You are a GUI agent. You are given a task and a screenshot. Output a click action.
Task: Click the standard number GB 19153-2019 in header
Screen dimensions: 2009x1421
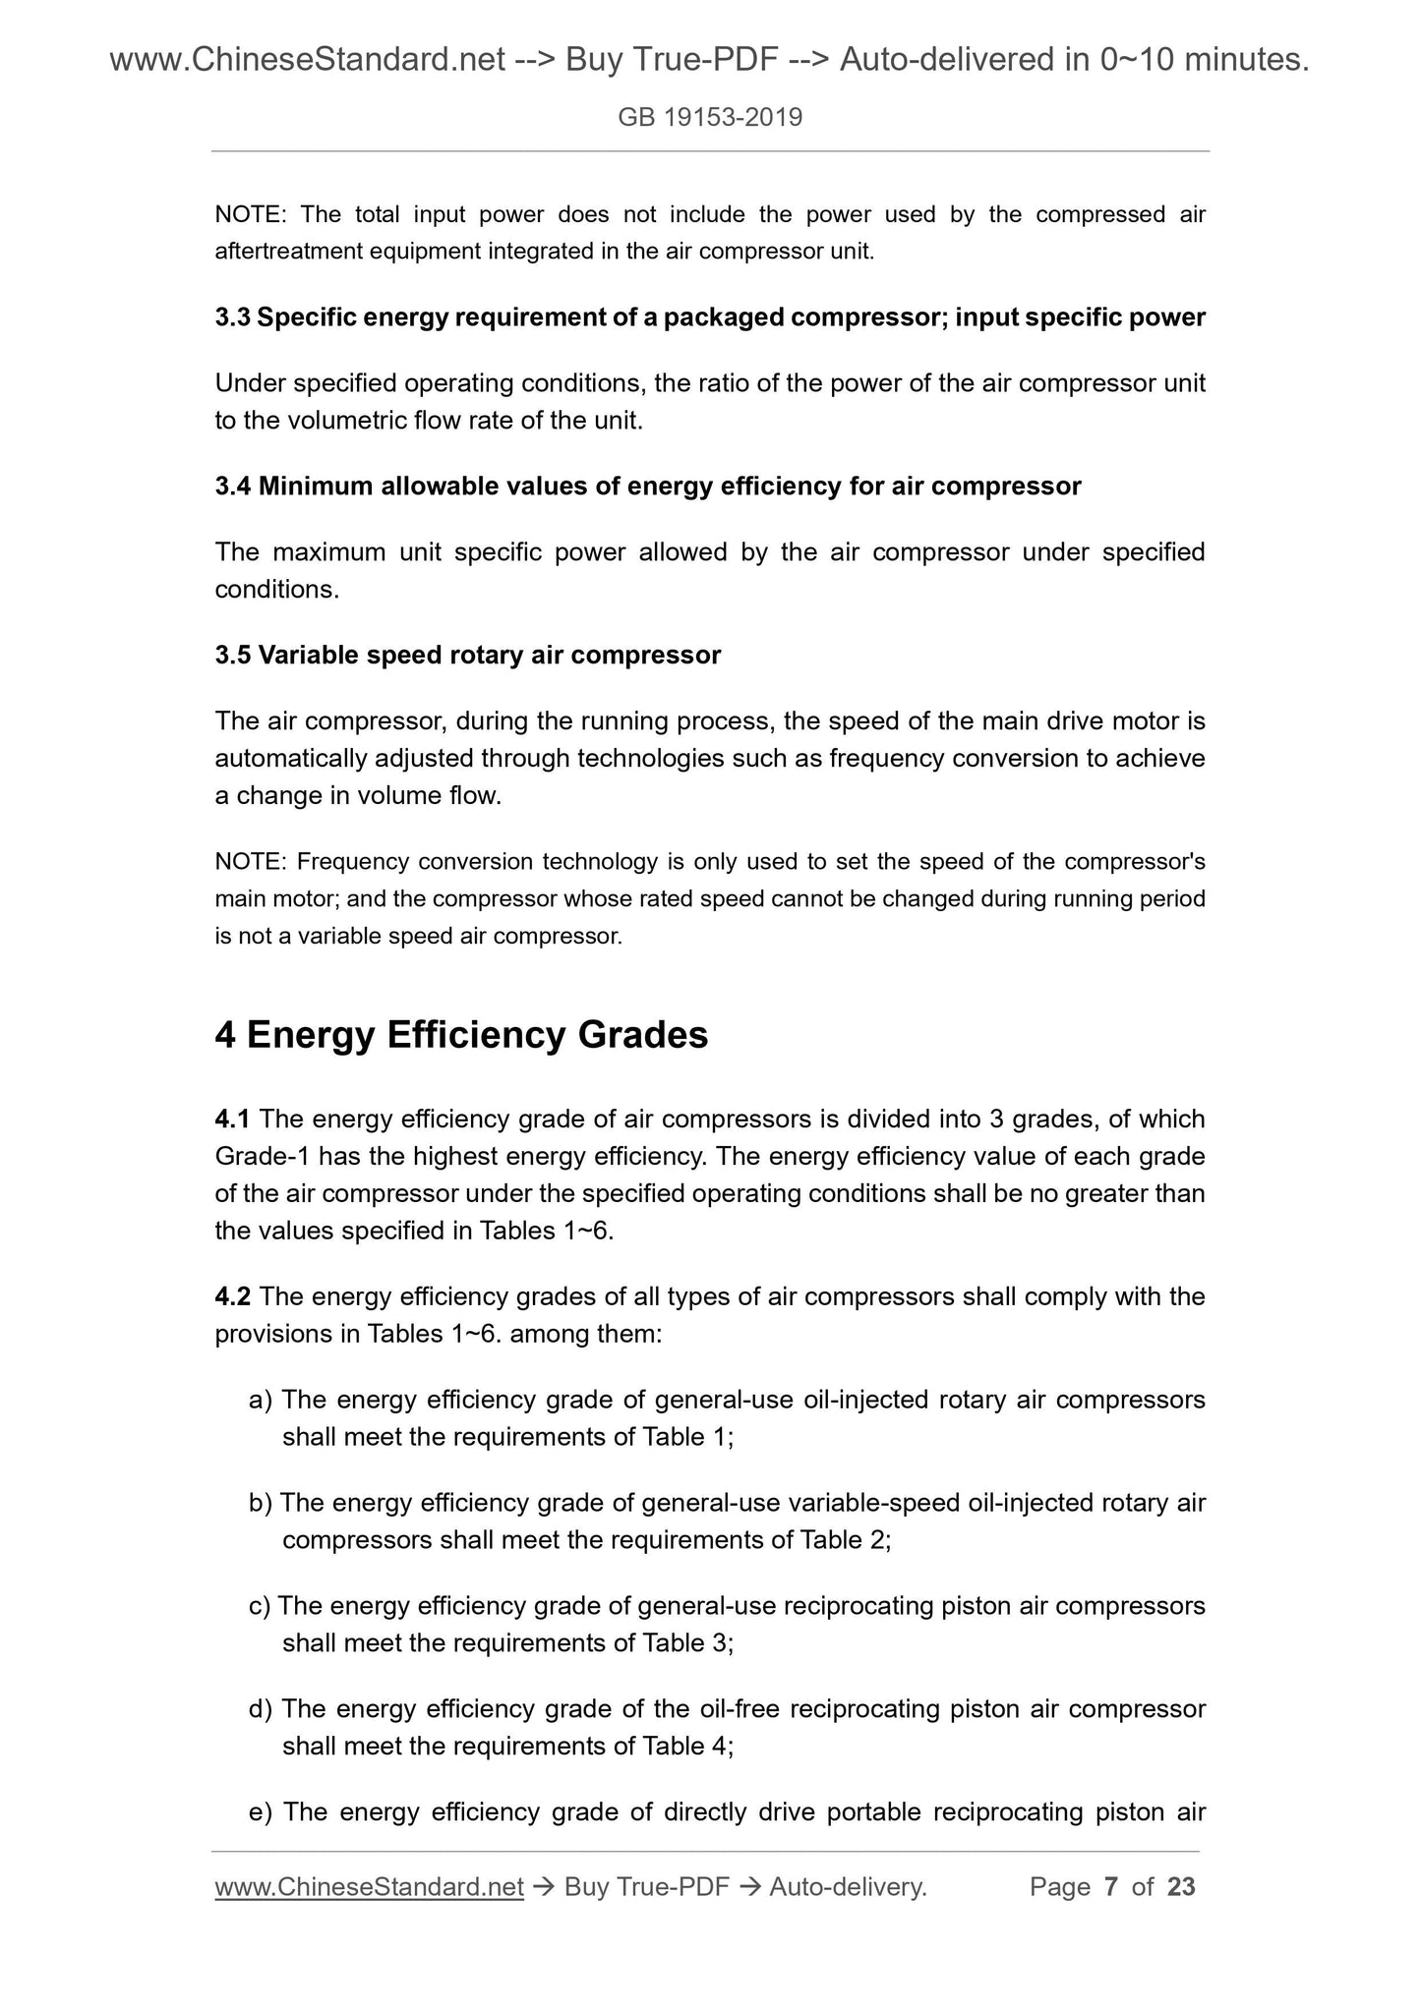click(710, 118)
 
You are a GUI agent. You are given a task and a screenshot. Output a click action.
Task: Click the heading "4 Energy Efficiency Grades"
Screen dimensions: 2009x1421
click(461, 1035)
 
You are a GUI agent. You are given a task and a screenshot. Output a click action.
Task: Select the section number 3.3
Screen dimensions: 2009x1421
click(233, 317)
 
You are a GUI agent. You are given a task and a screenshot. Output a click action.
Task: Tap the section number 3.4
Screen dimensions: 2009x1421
click(233, 486)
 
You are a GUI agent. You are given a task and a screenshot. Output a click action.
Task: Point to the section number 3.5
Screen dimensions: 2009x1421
click(233, 655)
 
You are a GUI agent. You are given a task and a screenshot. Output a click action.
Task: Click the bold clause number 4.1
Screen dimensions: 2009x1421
click(233, 1119)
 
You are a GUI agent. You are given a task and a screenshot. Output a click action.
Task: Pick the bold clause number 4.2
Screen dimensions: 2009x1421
click(233, 1296)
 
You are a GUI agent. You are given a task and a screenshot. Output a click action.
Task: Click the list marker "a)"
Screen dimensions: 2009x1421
click(261, 1400)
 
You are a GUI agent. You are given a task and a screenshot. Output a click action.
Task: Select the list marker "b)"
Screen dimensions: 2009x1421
click(261, 1503)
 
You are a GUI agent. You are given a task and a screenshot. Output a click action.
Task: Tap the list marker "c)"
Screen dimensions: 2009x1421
click(260, 1606)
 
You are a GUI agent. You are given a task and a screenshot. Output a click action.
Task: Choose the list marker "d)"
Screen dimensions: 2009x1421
click(261, 1709)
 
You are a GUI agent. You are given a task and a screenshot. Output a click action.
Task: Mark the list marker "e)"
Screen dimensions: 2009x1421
click(261, 1812)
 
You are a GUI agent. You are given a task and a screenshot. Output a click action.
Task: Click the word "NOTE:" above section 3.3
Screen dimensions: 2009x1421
click(250, 214)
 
